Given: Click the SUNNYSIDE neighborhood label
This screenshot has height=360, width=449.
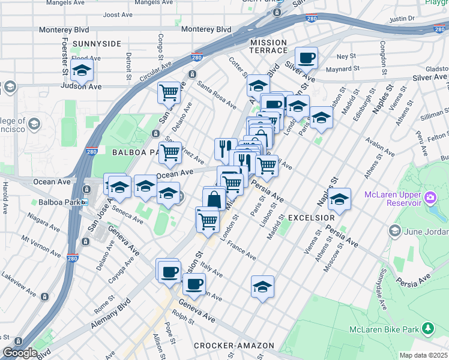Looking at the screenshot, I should click(96, 44).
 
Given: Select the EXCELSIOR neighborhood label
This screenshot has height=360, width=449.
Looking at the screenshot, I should click(310, 217).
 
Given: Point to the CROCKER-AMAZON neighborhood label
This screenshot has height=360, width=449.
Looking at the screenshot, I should click(234, 346).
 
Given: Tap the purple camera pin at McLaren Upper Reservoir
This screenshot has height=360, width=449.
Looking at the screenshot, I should click(430, 197).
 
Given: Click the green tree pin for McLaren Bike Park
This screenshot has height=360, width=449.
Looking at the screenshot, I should click(427, 328).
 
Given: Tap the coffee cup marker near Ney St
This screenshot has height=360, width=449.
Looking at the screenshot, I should click(306, 58).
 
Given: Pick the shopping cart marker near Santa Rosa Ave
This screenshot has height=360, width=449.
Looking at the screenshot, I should click(169, 92).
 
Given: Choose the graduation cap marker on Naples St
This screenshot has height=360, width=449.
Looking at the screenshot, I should click(339, 200).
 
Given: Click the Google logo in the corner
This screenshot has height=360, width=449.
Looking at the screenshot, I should click(19, 353).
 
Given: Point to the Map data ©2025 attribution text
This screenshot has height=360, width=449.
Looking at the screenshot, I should click(423, 355).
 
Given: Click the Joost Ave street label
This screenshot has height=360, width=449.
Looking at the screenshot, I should click(118, 14).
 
